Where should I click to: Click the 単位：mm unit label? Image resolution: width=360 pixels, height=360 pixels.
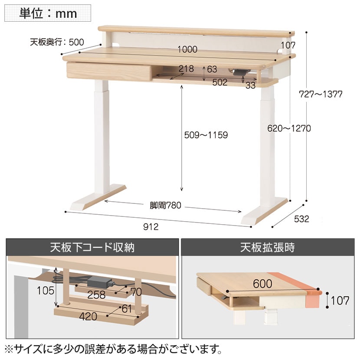pos(48,13)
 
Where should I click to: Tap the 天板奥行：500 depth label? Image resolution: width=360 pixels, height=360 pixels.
pos(57,42)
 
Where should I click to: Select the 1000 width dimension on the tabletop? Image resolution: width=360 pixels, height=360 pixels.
pos(187,49)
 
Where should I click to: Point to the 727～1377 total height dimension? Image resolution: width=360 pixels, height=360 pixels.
pos(321,94)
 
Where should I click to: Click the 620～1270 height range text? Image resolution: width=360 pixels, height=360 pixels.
pos(289,128)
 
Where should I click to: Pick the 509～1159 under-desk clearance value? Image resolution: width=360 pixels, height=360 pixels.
pos(206,135)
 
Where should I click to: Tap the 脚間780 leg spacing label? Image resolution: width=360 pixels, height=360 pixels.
pos(165,205)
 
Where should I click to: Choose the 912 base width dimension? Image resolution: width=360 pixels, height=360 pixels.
pos(151,227)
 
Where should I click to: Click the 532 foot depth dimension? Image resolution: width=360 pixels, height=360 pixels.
pos(301,219)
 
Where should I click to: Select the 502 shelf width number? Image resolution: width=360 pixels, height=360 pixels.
pos(220,82)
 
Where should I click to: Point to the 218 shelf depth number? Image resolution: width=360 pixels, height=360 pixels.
pos(186,69)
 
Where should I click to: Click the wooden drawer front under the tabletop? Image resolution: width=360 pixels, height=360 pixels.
pos(109,72)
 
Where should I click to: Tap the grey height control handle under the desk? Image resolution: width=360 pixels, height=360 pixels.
pos(240,72)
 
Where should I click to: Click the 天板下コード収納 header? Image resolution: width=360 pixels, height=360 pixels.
pos(92,248)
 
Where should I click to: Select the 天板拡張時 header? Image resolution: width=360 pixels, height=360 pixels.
pos(268,248)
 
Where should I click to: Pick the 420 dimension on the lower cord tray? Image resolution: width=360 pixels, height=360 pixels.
pos(88,317)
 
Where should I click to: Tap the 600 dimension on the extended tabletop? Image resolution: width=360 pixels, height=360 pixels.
pos(263,284)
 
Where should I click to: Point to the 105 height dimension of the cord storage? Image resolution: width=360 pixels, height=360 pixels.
pos(46,291)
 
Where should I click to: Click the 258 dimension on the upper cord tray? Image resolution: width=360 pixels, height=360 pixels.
pos(96,295)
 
